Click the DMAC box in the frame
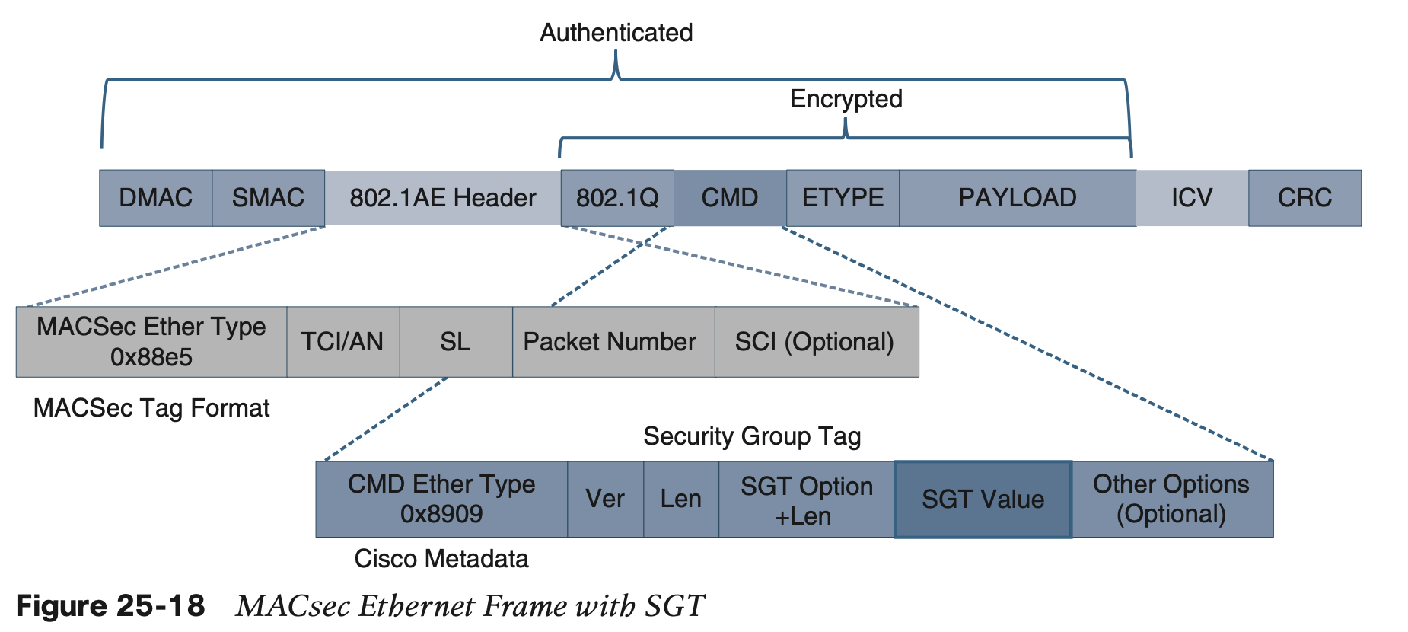click(x=155, y=198)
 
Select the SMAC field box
click(x=268, y=198)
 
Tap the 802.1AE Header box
click(x=442, y=198)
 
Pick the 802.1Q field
click(x=616, y=198)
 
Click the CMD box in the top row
click(x=729, y=198)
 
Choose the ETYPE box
click(x=843, y=198)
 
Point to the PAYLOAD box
click(x=1017, y=198)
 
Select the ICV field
click(x=1191, y=198)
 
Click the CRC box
click(x=1304, y=198)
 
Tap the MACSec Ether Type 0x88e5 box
click(x=151, y=342)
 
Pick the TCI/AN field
click(x=342, y=342)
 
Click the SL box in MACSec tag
click(x=455, y=342)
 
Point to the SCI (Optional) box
click(x=816, y=342)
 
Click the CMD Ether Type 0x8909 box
click(x=441, y=500)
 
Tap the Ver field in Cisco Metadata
click(x=605, y=500)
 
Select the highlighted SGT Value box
click(x=983, y=500)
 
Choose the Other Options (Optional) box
click(x=1171, y=500)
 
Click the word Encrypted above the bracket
click(x=846, y=99)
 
